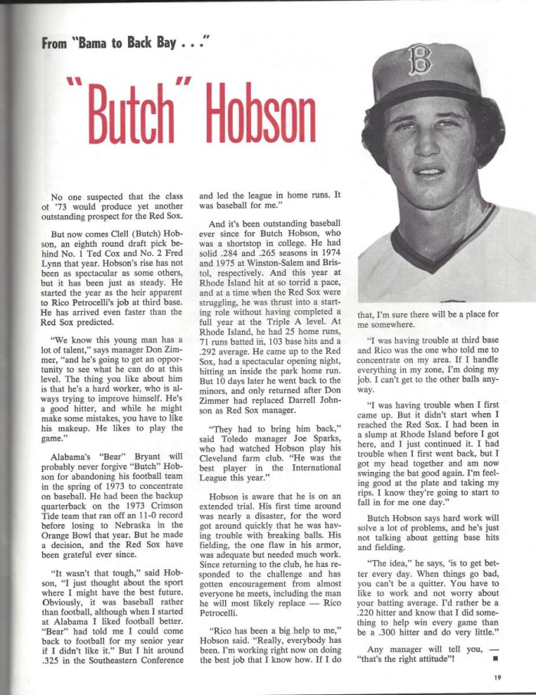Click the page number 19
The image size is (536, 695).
pyautogui.click(x=498, y=676)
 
